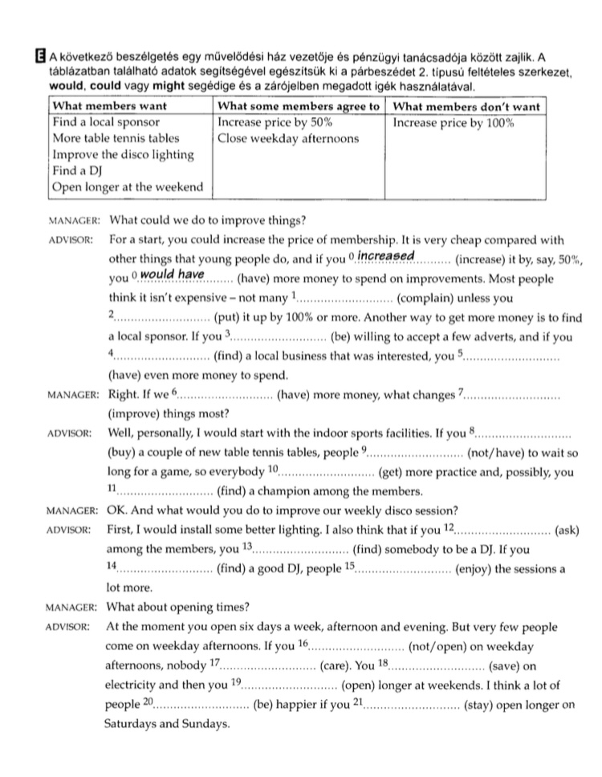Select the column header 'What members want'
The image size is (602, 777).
[x=109, y=107]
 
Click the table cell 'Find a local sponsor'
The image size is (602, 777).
[x=106, y=123]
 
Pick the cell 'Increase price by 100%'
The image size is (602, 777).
[x=454, y=123]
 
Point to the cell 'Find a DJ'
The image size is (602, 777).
[x=79, y=171]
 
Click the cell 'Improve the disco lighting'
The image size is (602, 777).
[x=123, y=155]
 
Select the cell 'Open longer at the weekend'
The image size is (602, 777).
[x=128, y=188]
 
